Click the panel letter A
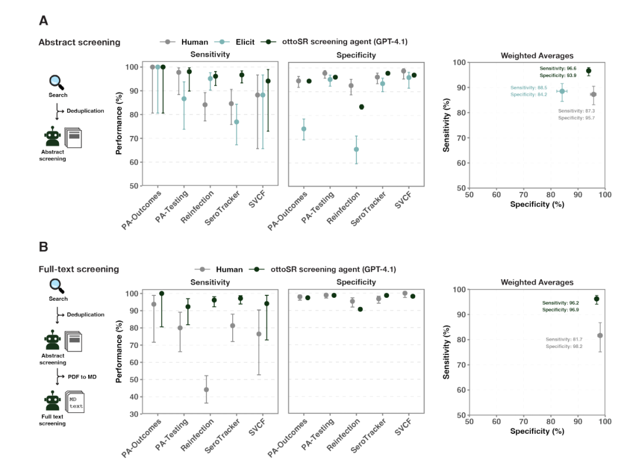point(44,20)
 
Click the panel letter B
point(44,247)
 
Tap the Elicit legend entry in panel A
point(235,42)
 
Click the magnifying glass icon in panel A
point(57,82)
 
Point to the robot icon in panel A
point(53,137)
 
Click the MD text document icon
point(75,403)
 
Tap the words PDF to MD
point(82,377)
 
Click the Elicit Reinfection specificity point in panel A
point(356,149)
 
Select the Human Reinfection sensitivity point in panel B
point(206,389)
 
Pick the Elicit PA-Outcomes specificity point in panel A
point(303,129)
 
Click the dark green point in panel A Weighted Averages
point(589,71)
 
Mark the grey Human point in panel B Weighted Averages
point(600,335)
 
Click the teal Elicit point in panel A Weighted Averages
point(562,91)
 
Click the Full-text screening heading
point(79,269)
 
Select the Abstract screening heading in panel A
point(79,42)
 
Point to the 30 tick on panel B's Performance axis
point(134,414)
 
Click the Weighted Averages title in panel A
point(537,55)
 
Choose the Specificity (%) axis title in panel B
point(537,431)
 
